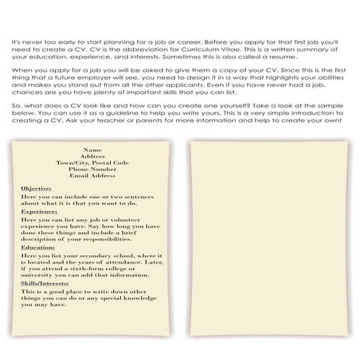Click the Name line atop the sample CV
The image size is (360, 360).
(x=92, y=149)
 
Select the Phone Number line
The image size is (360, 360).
(x=92, y=169)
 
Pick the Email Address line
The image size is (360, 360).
(x=92, y=175)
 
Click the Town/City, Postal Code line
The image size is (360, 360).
(x=92, y=162)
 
